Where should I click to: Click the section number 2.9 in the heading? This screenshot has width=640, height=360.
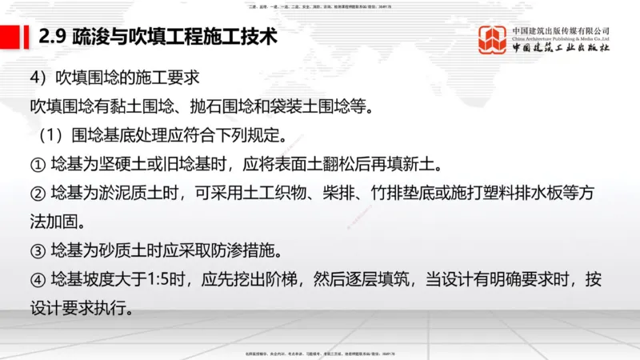[x=54, y=37]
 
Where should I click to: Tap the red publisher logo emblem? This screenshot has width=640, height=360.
[x=493, y=40]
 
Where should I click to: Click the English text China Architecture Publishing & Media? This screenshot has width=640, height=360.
[x=561, y=38]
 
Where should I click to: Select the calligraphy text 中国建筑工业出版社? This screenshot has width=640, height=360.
[x=561, y=49]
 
